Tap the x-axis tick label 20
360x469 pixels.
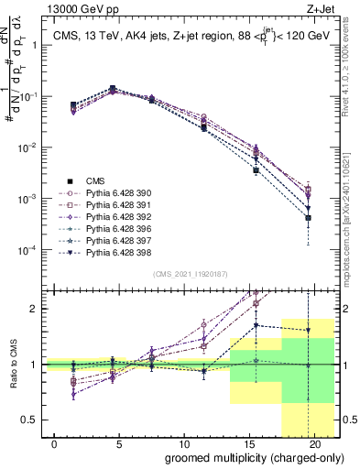[x=314, y=443]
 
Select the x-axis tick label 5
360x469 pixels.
[x=111, y=443]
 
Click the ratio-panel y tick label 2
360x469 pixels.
[x=35, y=309]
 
